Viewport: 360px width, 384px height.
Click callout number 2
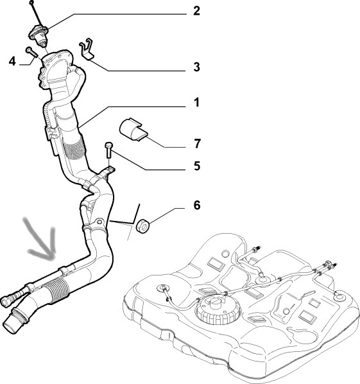(196, 11)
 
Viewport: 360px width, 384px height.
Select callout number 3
(196, 67)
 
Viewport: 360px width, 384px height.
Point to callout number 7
(197, 143)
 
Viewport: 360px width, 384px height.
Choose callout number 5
(197, 166)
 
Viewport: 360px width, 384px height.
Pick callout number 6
(197, 205)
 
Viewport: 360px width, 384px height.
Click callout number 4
(12, 61)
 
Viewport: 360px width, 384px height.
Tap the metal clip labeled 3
(87, 49)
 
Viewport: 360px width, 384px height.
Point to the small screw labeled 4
(31, 52)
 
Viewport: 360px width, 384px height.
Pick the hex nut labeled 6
(142, 226)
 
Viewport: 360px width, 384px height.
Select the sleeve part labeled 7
(133, 130)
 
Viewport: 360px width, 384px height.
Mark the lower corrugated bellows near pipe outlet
(57, 291)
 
